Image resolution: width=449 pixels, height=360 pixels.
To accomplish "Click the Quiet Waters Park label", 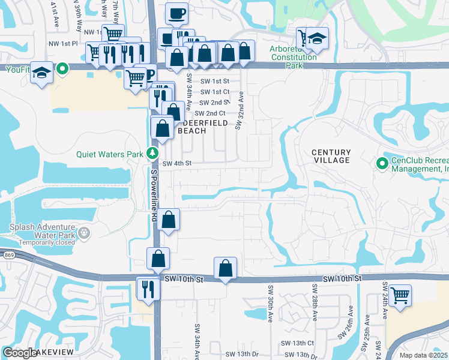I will click(109, 154).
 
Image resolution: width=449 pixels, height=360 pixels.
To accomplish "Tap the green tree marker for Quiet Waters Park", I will click(154, 154).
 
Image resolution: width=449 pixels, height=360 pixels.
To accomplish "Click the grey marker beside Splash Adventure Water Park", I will click(85, 231).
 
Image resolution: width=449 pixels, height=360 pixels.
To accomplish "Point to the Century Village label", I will click(331, 157).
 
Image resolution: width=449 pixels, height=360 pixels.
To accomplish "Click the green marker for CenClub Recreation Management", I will click(381, 163).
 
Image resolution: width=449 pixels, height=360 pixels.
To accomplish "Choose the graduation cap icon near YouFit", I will click(41, 73).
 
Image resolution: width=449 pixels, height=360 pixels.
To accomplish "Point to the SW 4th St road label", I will click(176, 163).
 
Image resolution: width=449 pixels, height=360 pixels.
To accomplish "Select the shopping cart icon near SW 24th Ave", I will click(400, 295).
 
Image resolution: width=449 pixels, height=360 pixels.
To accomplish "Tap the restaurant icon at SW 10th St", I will click(148, 289).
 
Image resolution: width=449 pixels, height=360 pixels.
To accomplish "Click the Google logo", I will click(20, 353).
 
